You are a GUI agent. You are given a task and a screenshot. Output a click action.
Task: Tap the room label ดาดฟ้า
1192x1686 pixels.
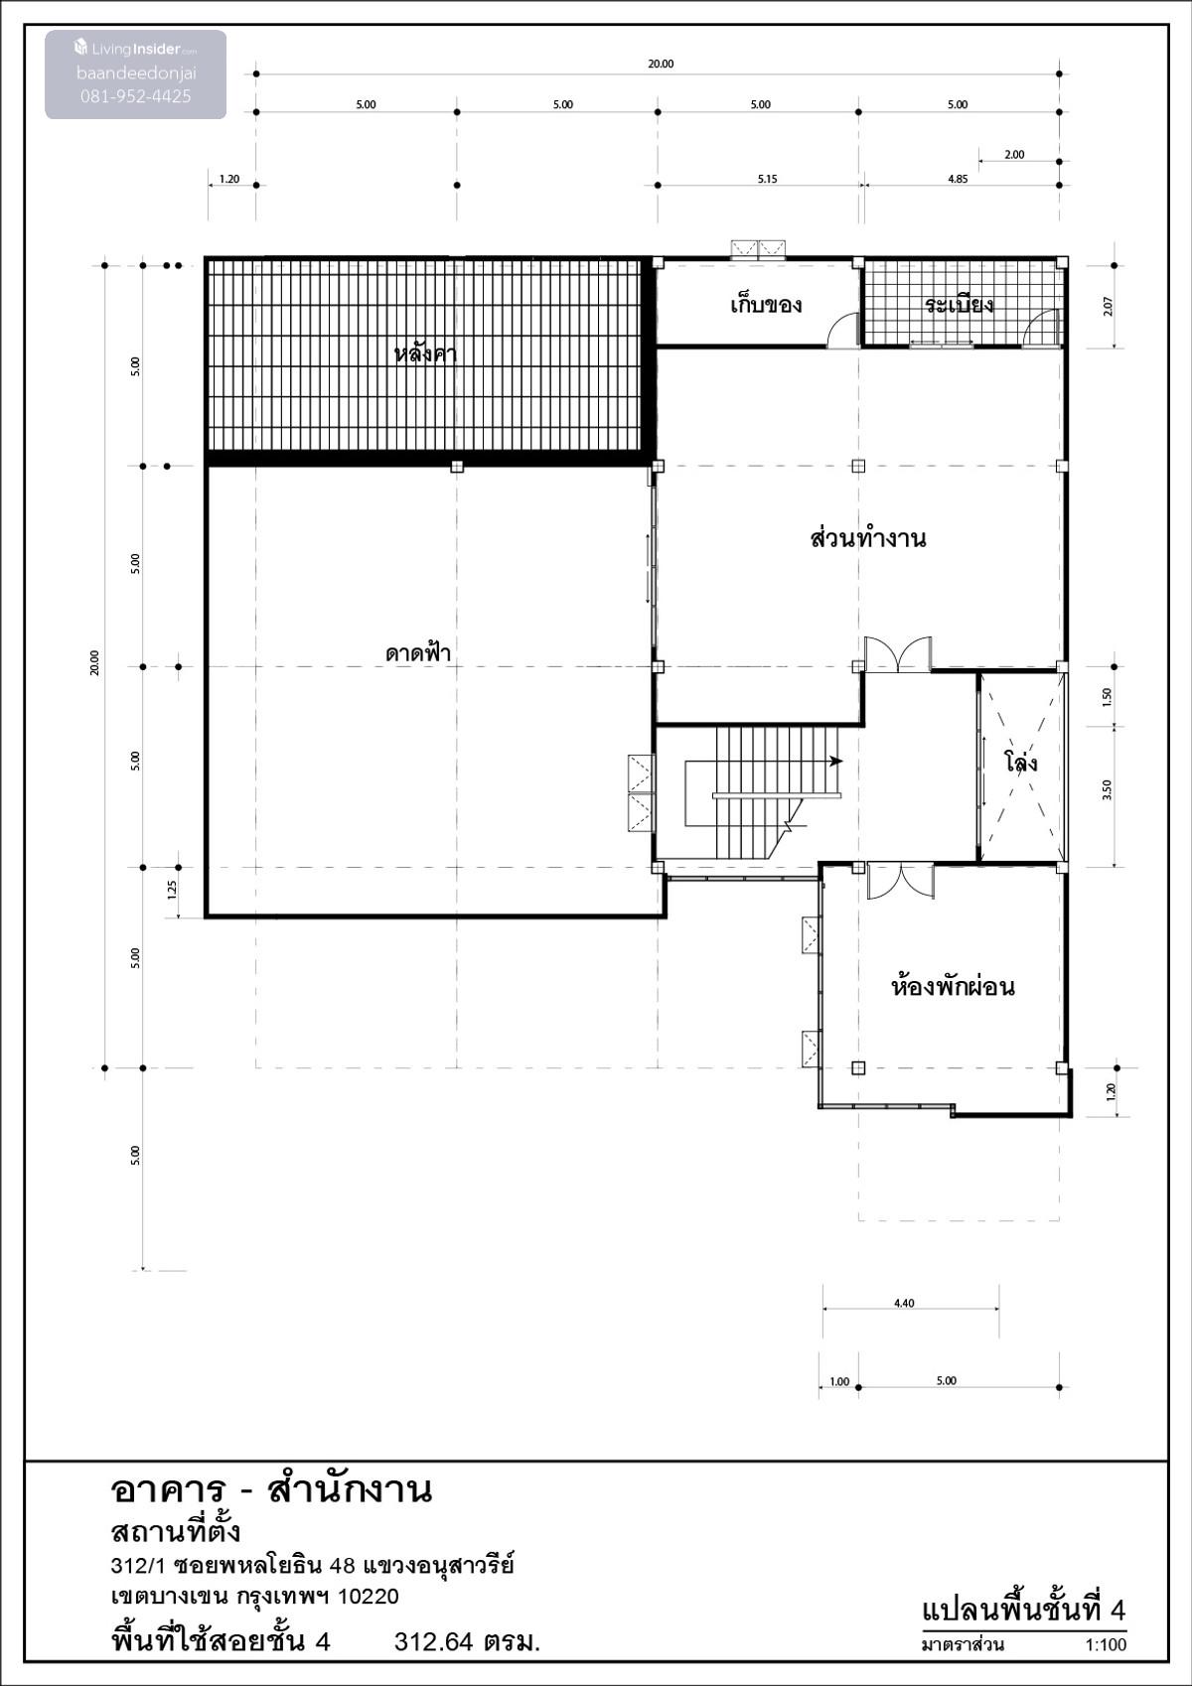coord(418,651)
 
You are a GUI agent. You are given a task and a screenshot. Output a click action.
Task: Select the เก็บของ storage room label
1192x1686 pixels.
coord(766,305)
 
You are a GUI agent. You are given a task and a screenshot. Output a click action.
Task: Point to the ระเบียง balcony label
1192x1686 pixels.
coord(959,304)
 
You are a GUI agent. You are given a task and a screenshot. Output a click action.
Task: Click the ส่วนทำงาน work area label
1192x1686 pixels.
coord(867,538)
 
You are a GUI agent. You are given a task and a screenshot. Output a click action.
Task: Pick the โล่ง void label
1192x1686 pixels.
coord(1021,761)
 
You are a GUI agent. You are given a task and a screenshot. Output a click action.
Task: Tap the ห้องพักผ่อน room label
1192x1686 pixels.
coord(953,985)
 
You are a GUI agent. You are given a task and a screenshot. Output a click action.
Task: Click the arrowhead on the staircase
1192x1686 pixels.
coord(835,761)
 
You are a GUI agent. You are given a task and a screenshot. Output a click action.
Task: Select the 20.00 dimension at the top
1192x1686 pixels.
coord(661,64)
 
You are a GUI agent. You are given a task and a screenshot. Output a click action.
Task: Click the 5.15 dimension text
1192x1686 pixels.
coord(767,179)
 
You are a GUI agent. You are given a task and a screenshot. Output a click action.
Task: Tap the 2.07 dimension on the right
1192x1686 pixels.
coord(1108,306)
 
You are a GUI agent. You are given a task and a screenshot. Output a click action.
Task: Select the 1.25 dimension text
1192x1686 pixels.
coord(173,891)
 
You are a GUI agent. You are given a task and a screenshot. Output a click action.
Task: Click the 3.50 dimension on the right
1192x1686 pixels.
coord(1107,789)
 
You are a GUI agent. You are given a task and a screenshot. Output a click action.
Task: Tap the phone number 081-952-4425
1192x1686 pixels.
coord(135,96)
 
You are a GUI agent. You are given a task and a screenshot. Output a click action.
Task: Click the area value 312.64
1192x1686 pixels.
coord(434,1641)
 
